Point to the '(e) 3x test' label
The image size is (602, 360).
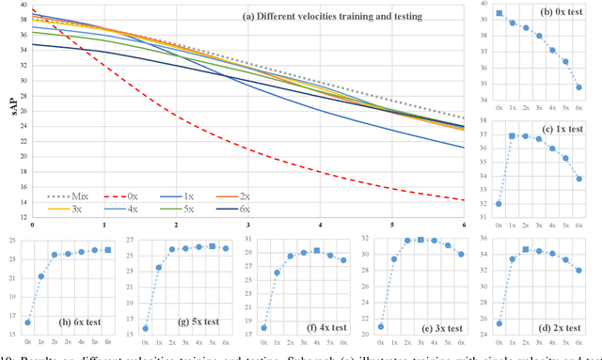pos(439,330)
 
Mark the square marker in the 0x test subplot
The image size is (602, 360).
pos(499,14)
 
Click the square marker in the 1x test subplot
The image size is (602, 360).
pos(513,136)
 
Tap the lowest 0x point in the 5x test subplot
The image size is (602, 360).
pos(145,328)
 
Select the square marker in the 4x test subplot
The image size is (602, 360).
pos(317,251)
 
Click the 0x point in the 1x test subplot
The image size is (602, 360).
pos(499,203)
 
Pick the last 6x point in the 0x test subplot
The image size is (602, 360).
pos(578,87)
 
